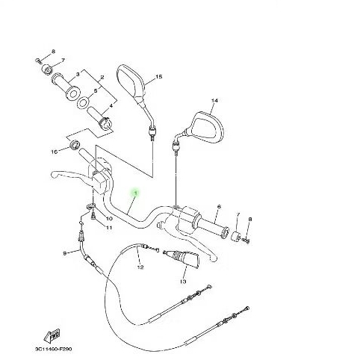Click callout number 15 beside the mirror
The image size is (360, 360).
(159, 78)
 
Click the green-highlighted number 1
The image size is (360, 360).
(134, 193)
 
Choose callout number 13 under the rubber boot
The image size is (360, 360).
(183, 282)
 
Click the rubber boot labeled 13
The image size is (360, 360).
(184, 262)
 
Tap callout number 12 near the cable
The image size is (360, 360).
(140, 267)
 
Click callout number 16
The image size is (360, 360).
(53, 152)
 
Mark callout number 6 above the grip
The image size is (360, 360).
(219, 206)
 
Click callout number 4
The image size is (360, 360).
(110, 106)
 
